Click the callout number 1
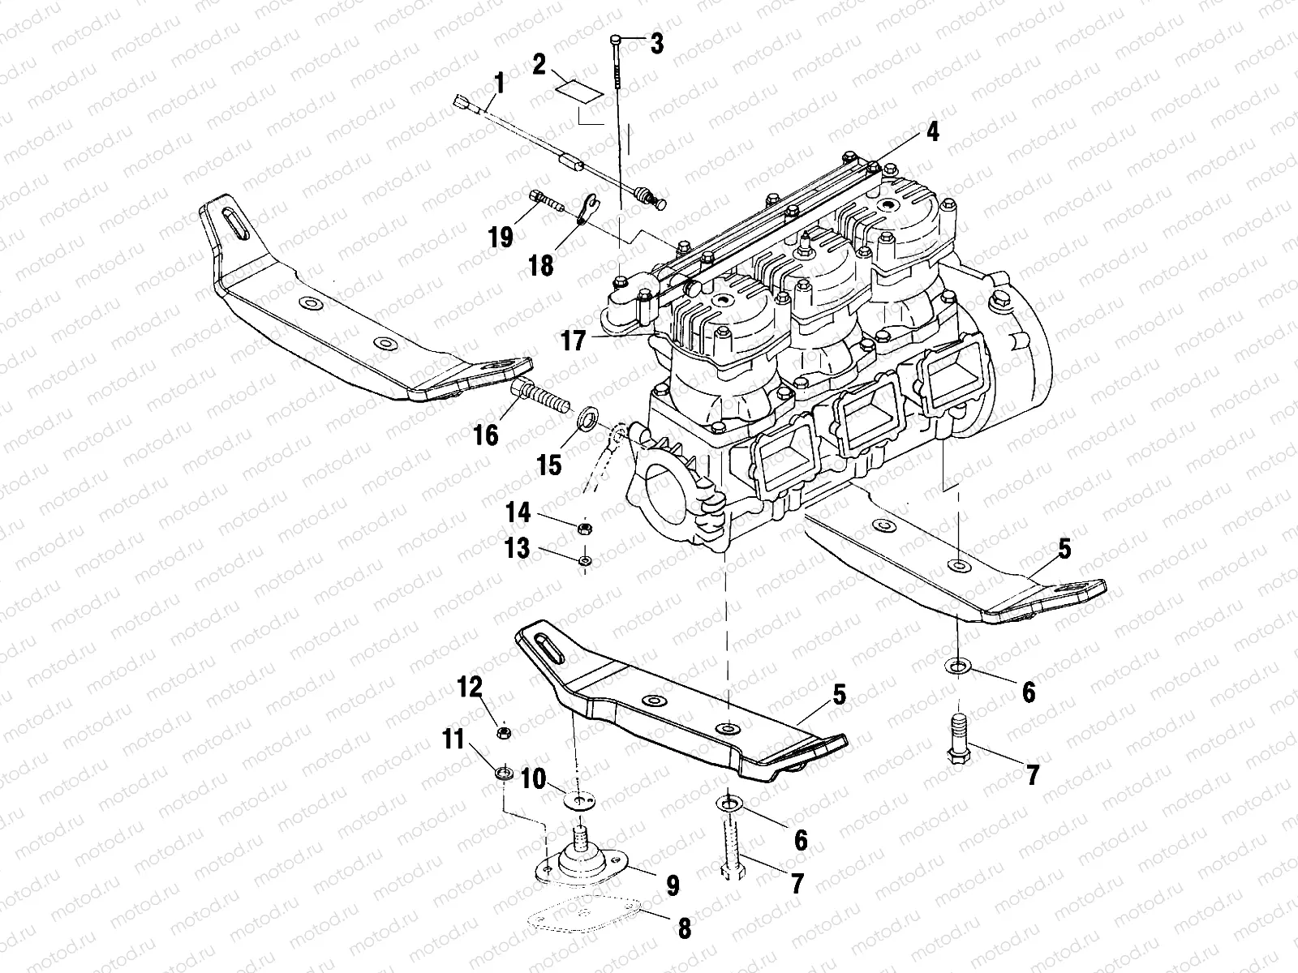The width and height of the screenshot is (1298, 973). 498,84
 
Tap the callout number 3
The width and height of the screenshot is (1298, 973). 655,44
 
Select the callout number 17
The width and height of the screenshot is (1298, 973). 573,341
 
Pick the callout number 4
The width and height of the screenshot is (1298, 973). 933,131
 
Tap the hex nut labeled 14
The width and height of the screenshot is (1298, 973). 582,529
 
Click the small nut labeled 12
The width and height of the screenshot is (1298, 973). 503,733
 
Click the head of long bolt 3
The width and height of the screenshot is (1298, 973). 617,40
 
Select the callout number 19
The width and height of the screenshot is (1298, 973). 501,238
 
